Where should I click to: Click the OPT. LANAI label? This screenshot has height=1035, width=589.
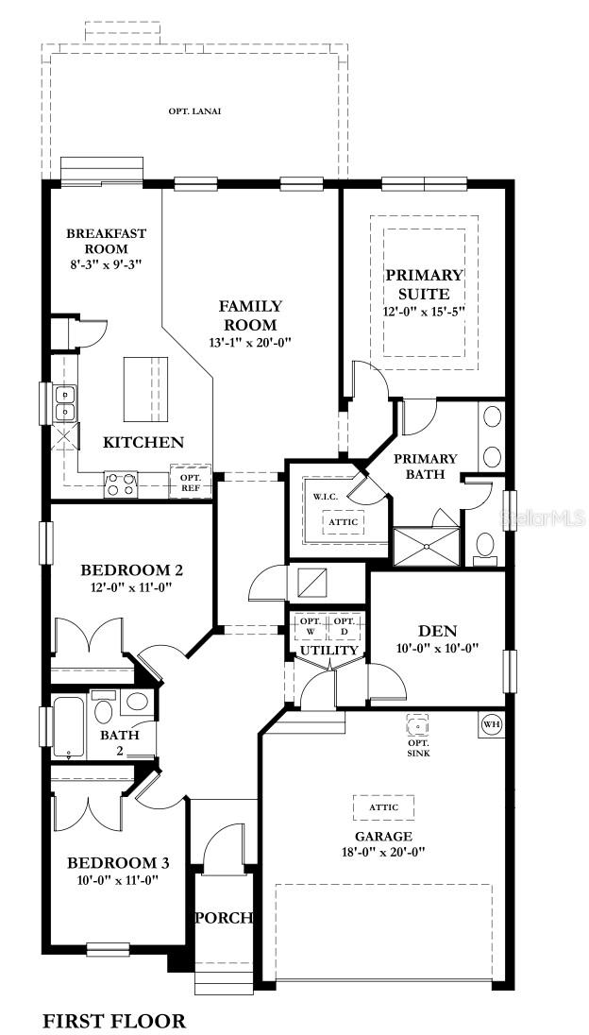tap(194, 110)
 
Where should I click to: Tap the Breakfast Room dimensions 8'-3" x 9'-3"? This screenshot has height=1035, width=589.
tap(107, 264)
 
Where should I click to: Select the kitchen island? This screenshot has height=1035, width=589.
tap(145, 389)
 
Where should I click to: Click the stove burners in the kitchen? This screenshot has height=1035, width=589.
tap(120, 484)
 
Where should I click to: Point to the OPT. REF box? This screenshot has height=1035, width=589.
tap(191, 482)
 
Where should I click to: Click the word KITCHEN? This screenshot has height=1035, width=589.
tap(143, 442)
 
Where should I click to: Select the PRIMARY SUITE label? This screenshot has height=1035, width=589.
tap(425, 284)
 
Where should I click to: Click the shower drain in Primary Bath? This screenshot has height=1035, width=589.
tap(427, 547)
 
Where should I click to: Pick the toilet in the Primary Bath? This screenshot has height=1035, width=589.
tap(485, 547)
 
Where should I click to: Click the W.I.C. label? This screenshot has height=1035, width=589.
tap(326, 496)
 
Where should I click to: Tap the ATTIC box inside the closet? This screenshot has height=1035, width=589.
tap(344, 522)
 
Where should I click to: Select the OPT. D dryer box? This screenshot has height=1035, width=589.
tap(344, 626)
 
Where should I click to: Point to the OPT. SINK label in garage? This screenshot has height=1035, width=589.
tap(418, 748)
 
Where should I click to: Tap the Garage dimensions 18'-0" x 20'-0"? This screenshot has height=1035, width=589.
tap(382, 852)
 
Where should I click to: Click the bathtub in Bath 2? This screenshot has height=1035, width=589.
tap(68, 726)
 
